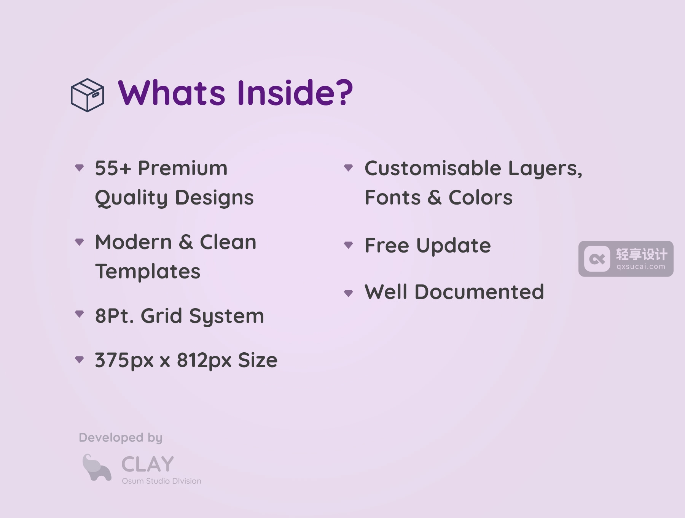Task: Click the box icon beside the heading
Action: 87,95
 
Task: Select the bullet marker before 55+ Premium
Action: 80,168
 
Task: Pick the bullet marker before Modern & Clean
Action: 80,241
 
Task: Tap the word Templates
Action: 148,272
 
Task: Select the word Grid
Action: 161,316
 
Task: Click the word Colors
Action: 481,198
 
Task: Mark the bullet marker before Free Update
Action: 349,245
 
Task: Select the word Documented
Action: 479,292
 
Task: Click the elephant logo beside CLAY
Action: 97,468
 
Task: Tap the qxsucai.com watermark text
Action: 641,267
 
